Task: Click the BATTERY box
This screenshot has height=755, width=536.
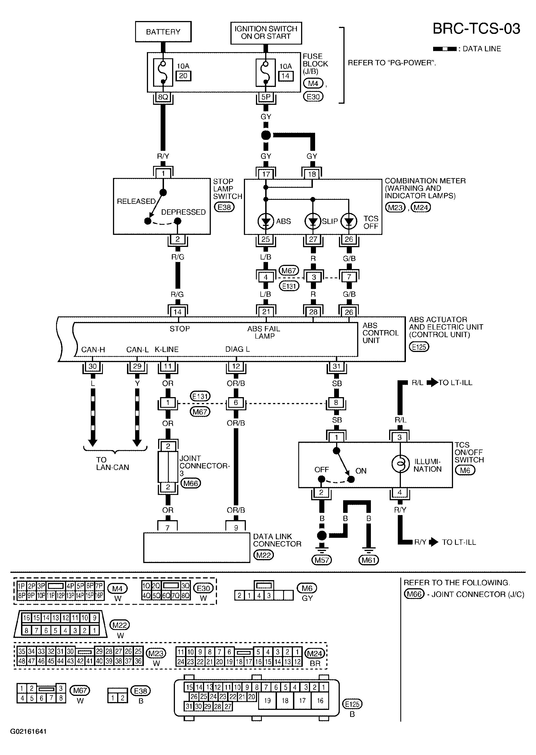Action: [x=163, y=32]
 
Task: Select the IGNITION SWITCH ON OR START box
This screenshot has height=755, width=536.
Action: [x=266, y=33]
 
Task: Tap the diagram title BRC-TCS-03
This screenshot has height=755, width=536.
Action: [x=476, y=29]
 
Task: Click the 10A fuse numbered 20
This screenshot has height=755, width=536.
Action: [x=163, y=72]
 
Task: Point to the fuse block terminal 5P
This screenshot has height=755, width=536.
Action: [x=266, y=97]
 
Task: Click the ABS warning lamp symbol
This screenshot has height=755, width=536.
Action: [x=266, y=221]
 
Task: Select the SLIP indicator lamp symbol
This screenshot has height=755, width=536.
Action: [x=313, y=221]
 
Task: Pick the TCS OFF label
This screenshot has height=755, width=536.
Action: [x=371, y=223]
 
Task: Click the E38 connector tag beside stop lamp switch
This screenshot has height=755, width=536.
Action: [x=224, y=207]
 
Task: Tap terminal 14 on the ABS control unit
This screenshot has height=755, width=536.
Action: [x=177, y=312]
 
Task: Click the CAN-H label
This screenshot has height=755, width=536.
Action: [x=93, y=350]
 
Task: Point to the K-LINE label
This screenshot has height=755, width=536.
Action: [x=167, y=349]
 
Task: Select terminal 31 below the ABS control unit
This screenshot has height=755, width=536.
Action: [x=336, y=366]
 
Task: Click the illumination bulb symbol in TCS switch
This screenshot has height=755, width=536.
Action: [x=400, y=464]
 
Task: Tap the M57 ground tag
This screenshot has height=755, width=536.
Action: [x=322, y=560]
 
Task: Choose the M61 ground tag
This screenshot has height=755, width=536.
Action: [x=369, y=560]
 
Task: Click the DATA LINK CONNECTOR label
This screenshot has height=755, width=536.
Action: [x=277, y=540]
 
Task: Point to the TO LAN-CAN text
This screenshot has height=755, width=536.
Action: [x=112, y=463]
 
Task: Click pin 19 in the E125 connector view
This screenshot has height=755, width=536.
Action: [x=267, y=700]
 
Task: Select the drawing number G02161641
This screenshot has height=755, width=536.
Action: [x=28, y=731]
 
